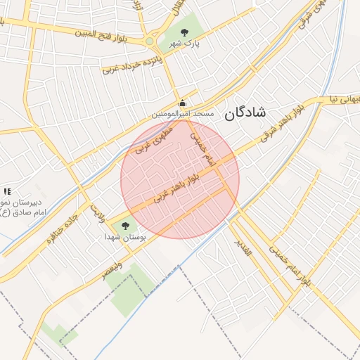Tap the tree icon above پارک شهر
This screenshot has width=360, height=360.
pyautogui.click(x=185, y=32)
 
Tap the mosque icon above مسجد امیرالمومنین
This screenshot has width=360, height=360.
pyautogui.click(x=183, y=103)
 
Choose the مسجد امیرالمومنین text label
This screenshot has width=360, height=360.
pyautogui.click(x=184, y=113)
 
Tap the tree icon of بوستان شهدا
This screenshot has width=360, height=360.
pyautogui.click(x=125, y=226)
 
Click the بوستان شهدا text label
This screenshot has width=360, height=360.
pyautogui.click(x=126, y=237)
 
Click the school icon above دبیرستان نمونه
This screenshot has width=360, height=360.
pyautogui.click(x=7, y=191)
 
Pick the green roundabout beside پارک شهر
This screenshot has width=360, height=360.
pyautogui.click(x=149, y=42)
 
